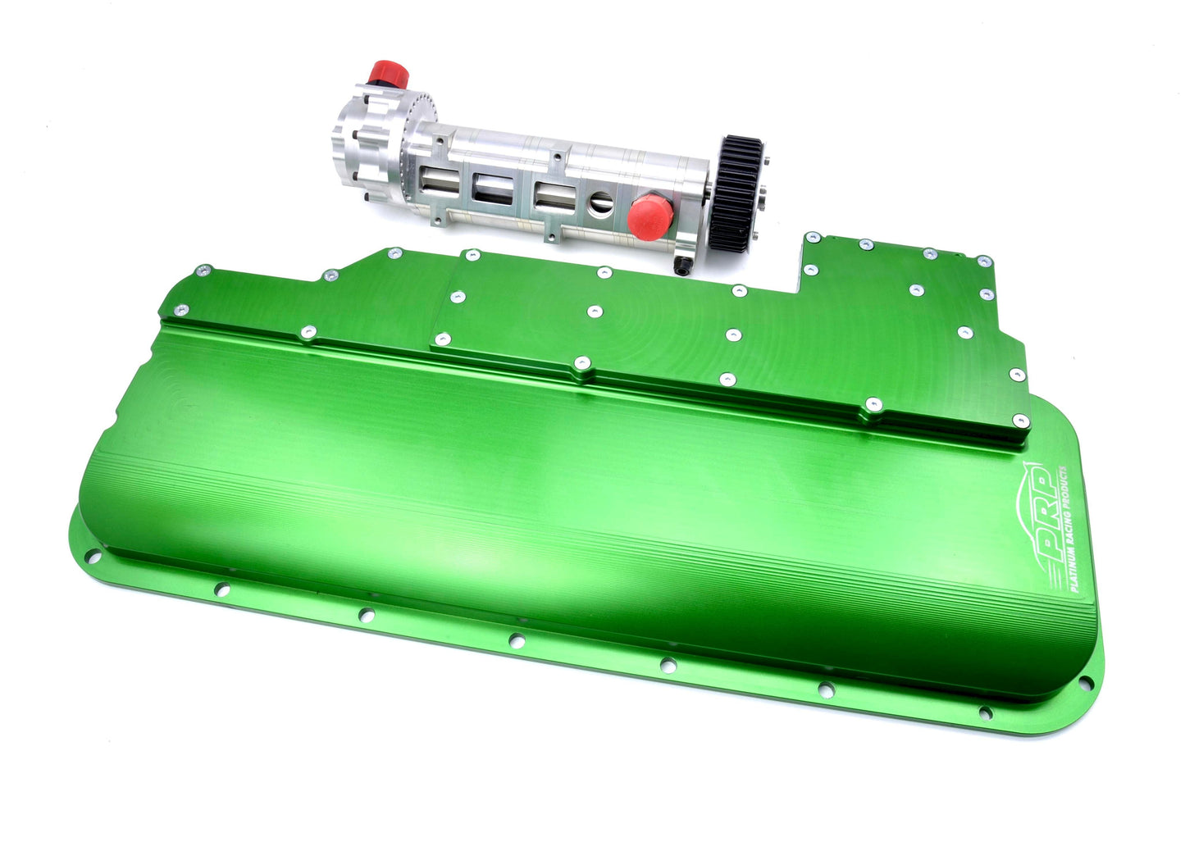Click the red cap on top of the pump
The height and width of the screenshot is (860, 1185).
click(x=389, y=74)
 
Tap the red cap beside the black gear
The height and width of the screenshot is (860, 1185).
click(x=650, y=216)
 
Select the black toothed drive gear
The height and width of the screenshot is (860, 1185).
click(x=736, y=193)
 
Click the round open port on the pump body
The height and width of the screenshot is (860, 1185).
click(x=601, y=203)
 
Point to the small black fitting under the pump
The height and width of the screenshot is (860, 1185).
click(x=682, y=265)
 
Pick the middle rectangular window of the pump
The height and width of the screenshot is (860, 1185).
click(x=493, y=189)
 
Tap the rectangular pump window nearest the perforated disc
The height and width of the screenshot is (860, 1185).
click(x=440, y=183)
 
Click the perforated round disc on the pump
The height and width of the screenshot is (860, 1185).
click(x=418, y=132)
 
